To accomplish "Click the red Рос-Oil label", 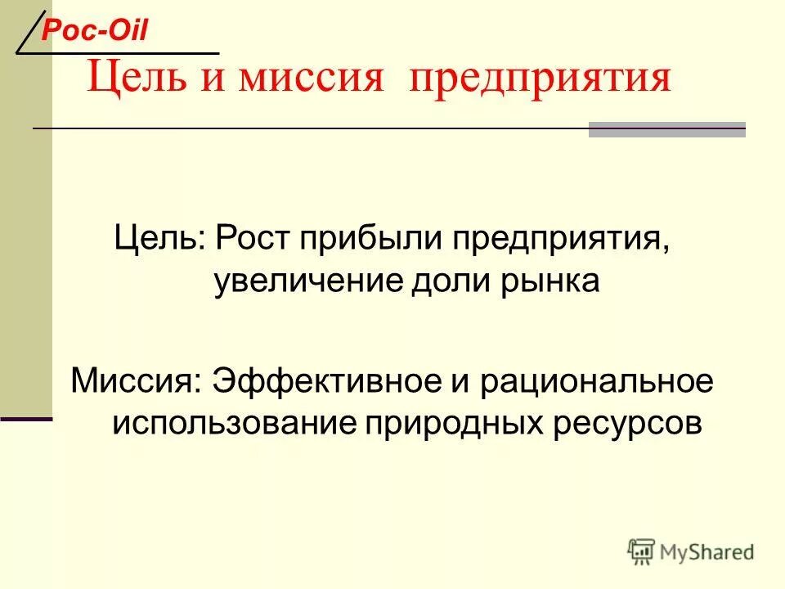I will tap(94, 30).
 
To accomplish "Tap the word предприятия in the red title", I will tap(541, 79).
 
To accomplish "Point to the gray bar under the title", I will tap(666, 130).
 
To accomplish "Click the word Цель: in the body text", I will tap(160, 240).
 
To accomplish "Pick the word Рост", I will tap(253, 240).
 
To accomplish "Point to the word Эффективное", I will tap(326, 381).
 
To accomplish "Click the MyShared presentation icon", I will tap(642, 551).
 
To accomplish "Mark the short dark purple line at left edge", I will tap(25, 419).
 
